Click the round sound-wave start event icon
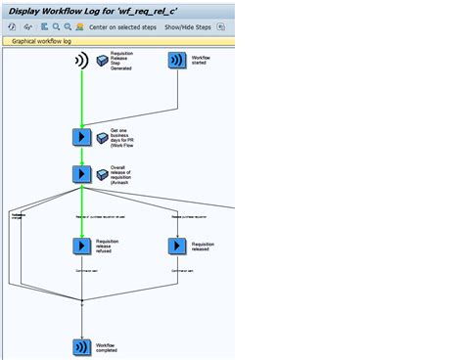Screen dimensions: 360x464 tap(82, 62)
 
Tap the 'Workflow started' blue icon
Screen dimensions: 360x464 tap(176, 61)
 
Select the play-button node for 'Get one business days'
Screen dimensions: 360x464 tap(82, 137)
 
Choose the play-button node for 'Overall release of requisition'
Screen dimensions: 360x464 tap(82, 173)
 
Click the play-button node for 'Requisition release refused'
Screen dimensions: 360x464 tap(82, 246)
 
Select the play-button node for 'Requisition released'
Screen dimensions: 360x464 tap(177, 246)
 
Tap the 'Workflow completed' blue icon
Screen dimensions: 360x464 tap(82, 347)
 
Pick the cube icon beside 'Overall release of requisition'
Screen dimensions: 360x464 tap(103, 174)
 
